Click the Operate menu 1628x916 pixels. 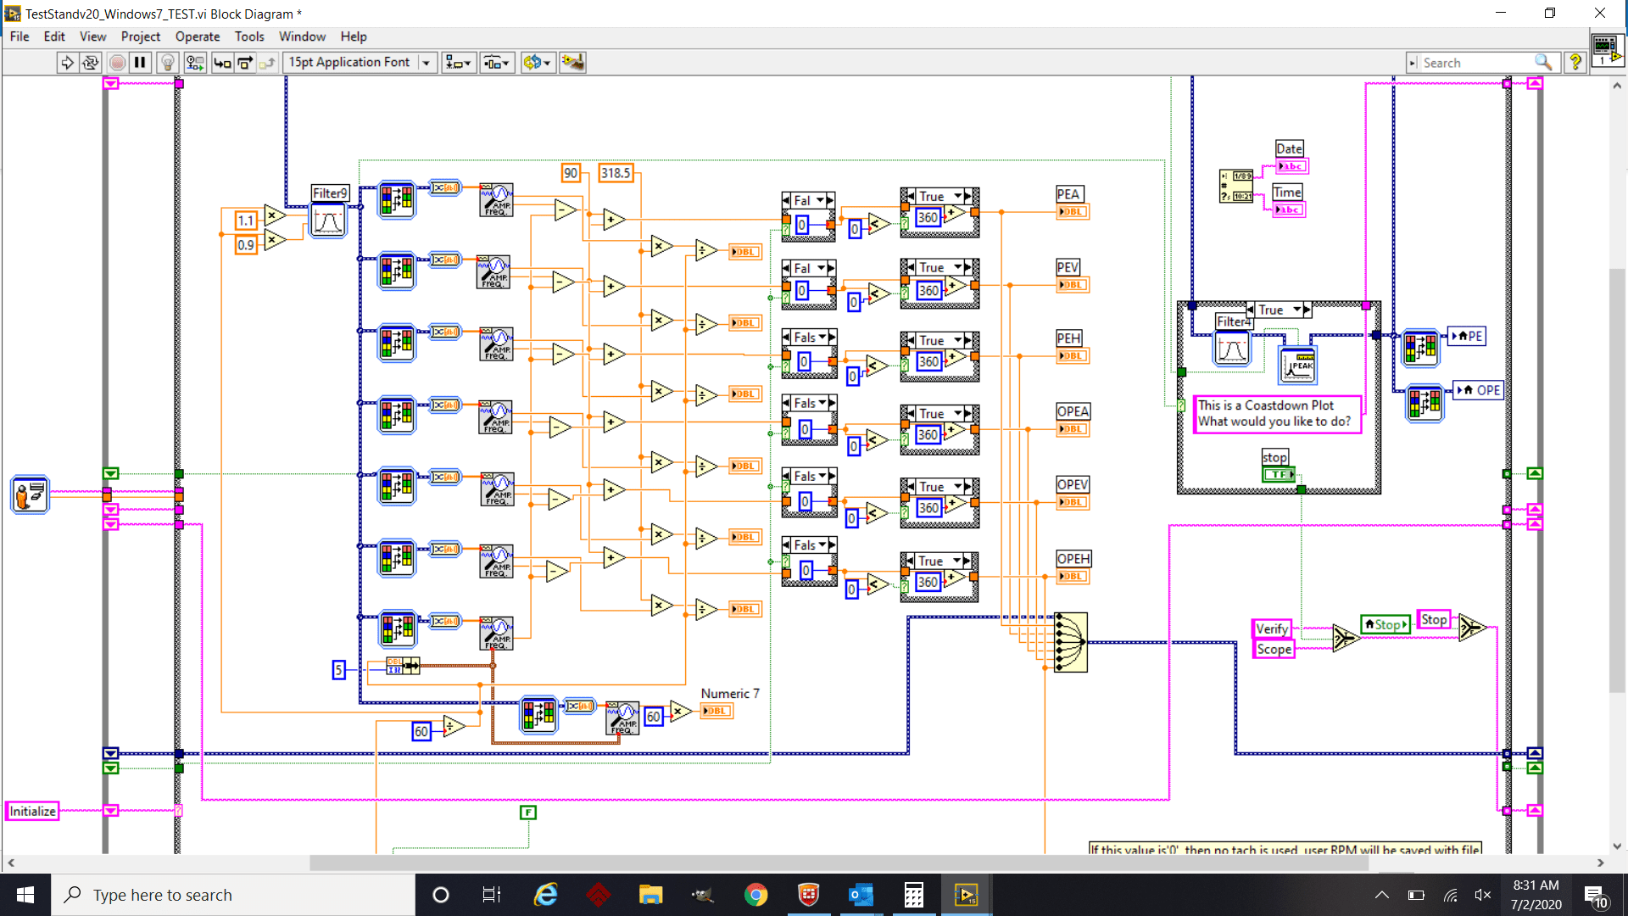click(197, 36)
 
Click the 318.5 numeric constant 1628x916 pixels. click(616, 173)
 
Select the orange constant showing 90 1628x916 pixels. click(571, 173)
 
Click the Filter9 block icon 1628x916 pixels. click(328, 221)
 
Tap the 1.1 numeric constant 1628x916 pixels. click(246, 221)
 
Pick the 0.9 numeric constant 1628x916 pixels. click(246, 245)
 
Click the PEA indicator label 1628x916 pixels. click(1068, 194)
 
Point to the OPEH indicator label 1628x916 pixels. click(1073, 559)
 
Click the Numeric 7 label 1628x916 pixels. click(729, 694)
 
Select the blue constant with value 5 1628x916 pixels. click(338, 670)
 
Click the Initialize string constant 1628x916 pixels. click(32, 811)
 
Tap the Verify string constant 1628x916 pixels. click(1271, 628)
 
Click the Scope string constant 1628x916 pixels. click(1274, 649)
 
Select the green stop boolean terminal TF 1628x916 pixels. click(1278, 475)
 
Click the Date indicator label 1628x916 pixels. click(1289, 148)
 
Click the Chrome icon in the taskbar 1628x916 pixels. click(755, 895)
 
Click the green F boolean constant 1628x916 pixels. click(528, 813)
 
